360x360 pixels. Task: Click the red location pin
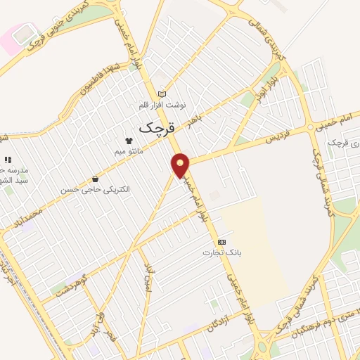[x=181, y=165]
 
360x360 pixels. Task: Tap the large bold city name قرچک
[x=155, y=127]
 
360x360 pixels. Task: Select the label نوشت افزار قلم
[x=162, y=105]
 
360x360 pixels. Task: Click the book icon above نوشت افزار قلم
[x=162, y=94]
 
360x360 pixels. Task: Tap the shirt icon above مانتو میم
[x=129, y=141]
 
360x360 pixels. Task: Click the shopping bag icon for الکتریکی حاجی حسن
[x=95, y=179]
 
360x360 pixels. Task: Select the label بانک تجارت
[x=217, y=252]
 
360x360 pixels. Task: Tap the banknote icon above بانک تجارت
[x=222, y=241]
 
